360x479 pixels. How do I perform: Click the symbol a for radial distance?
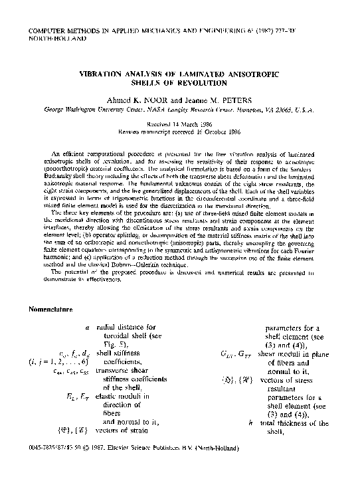point(88,328)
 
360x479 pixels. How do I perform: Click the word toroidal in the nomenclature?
point(122,336)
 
